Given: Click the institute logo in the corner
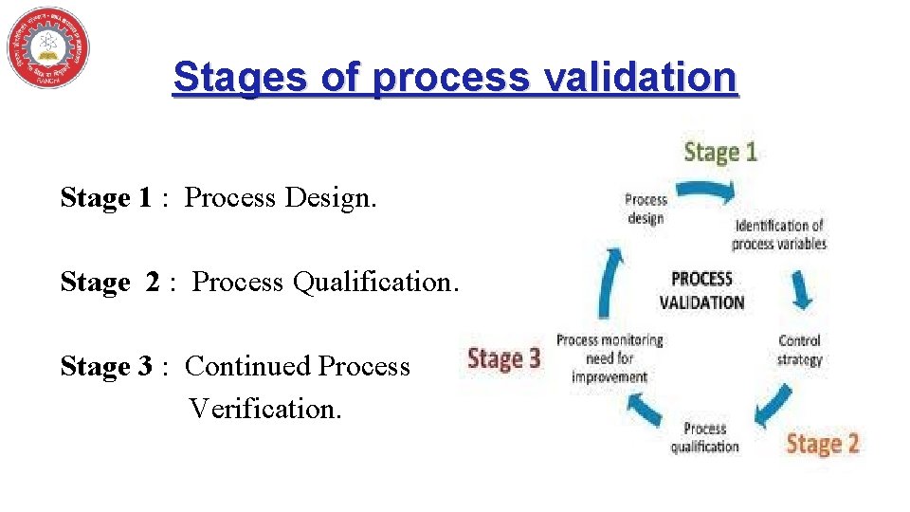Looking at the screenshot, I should (x=48, y=47).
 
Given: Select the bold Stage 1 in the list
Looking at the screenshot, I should (x=105, y=197).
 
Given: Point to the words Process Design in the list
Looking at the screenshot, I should (x=280, y=197).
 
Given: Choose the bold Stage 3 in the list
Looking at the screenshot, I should (x=105, y=366).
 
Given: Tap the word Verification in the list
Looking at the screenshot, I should (x=264, y=408).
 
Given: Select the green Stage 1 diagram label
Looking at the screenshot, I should (x=720, y=153).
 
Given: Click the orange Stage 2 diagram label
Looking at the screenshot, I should (x=823, y=443).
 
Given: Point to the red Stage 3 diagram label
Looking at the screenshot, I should (x=503, y=358).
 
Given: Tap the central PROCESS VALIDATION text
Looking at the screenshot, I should (x=701, y=290).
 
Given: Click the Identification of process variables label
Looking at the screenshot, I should (x=778, y=234).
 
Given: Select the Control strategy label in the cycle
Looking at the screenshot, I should (x=799, y=350).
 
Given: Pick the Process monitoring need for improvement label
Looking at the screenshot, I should (x=610, y=357).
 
